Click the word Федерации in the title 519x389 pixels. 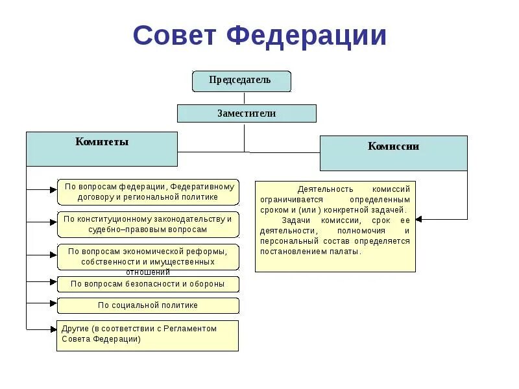(307, 36)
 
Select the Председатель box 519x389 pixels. (241, 81)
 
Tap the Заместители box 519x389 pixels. (247, 113)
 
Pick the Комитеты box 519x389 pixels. (102, 148)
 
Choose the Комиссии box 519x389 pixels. (393, 153)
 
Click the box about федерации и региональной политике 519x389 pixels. (148, 192)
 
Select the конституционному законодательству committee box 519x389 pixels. (148, 224)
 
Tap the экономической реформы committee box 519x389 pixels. (148, 257)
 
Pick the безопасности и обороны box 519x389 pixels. (148, 284)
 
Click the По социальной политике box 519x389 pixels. (148, 305)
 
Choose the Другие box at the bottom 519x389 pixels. (147, 335)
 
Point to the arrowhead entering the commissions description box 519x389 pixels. (419, 218)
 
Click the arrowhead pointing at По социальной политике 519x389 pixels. (53, 303)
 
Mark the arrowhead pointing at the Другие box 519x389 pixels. (53, 329)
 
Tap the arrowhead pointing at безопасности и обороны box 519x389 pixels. (53, 282)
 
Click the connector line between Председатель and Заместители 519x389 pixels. (244, 98)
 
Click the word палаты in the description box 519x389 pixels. (347, 252)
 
